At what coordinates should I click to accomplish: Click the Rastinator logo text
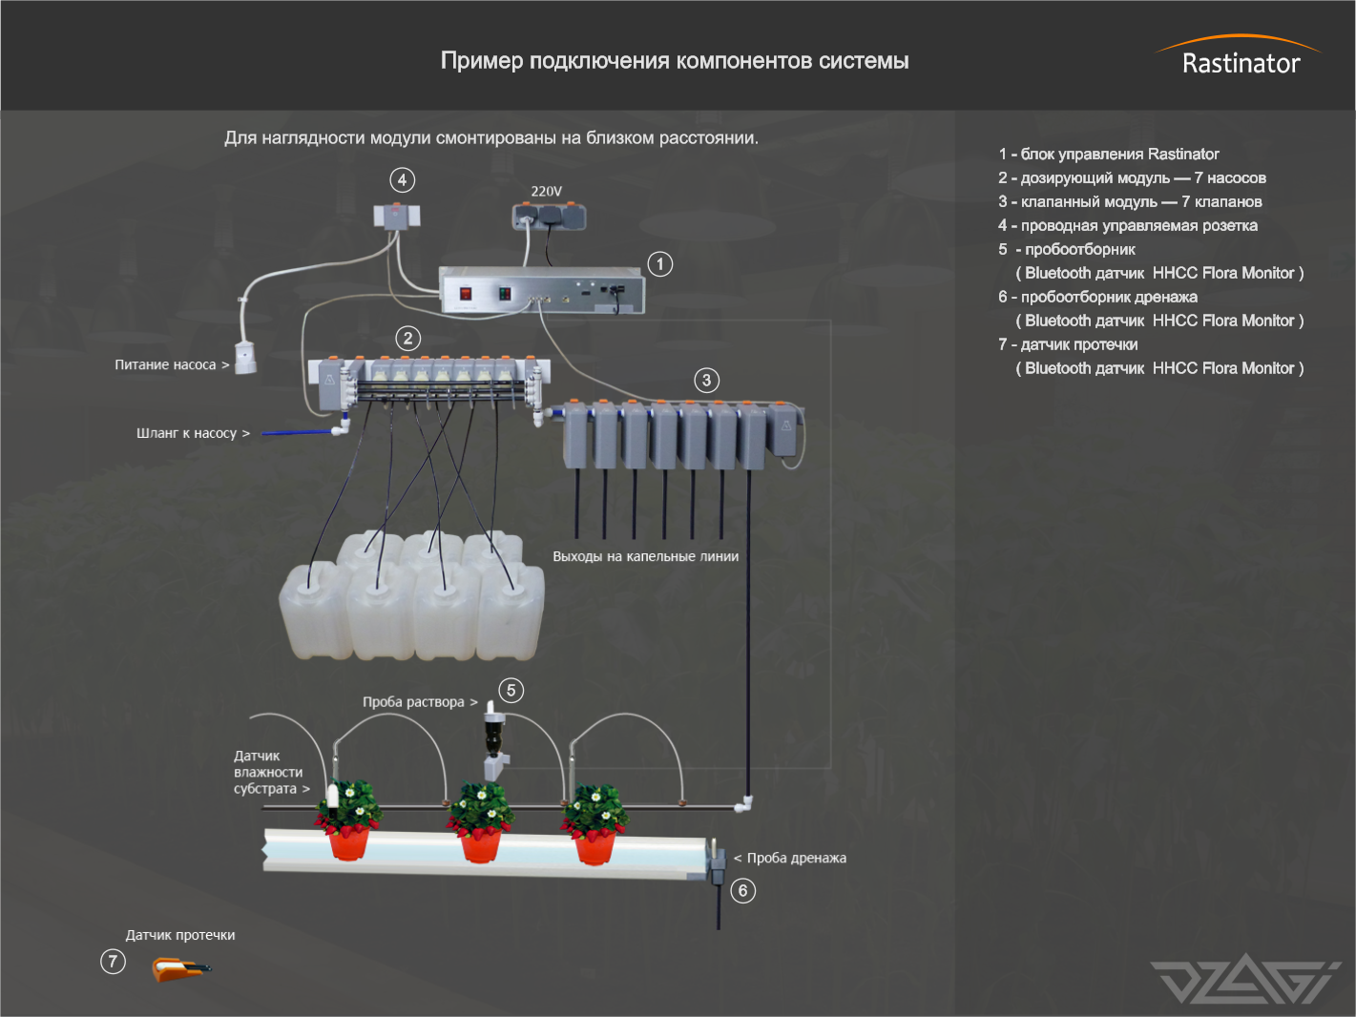1241,63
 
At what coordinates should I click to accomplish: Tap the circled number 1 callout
659,264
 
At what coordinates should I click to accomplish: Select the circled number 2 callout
408,339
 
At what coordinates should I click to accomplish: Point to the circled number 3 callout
706,381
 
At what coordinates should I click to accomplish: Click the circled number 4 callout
402,180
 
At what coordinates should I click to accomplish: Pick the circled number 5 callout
511,690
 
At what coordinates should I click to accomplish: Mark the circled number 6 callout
742,891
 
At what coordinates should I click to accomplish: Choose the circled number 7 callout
113,961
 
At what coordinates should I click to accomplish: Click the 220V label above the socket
547,191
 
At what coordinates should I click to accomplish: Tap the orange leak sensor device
178,970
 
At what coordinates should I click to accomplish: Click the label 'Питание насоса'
165,364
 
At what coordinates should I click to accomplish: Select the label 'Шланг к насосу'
186,433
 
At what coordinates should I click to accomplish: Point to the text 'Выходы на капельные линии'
645,556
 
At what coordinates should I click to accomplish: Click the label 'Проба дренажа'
796,858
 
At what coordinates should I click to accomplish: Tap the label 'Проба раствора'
413,702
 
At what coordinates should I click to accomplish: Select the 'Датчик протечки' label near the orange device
180,935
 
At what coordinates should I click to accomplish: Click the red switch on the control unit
465,294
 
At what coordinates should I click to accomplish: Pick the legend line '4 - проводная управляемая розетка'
1128,225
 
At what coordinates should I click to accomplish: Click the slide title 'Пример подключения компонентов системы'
675,61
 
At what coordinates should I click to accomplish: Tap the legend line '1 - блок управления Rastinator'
1109,154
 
